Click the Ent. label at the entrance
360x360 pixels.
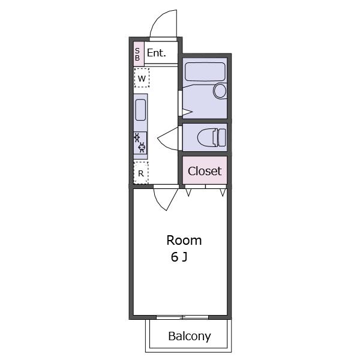point(156,53)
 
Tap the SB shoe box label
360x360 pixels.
point(137,55)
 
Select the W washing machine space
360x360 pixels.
point(142,78)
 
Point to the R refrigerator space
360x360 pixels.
point(141,173)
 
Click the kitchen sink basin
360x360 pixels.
point(140,110)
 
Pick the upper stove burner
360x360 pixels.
point(137,137)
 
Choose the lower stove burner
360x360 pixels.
point(142,147)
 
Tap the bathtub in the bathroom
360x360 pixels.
point(205,71)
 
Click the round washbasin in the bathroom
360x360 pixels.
point(220,91)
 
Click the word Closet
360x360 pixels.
point(205,171)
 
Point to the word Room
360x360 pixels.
point(184,241)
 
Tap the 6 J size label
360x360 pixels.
point(179,257)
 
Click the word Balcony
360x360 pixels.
point(190,337)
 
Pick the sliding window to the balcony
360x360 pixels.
point(182,317)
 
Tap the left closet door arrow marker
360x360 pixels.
point(188,193)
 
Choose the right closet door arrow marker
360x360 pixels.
point(223,193)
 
